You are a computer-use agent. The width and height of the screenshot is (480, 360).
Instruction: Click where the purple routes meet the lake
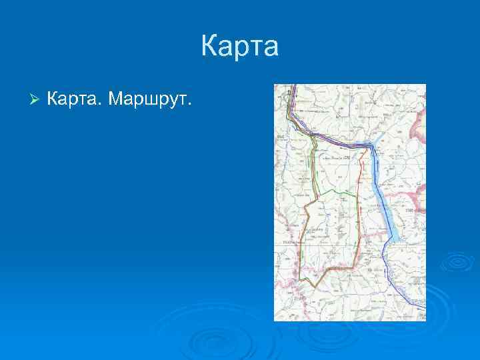point(369,145)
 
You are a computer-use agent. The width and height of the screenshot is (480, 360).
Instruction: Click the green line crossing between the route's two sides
point(337,192)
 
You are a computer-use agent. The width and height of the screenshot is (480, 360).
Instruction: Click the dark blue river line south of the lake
point(387,267)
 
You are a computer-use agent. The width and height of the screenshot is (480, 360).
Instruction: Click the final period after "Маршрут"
point(190,104)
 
